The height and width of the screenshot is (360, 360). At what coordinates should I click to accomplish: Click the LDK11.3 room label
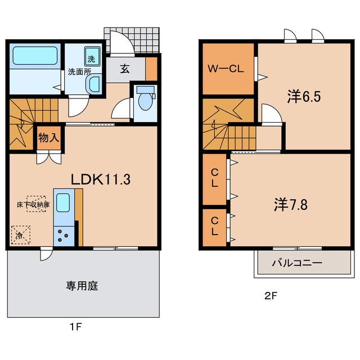[101, 179]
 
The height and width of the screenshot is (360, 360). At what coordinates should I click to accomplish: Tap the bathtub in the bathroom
[35, 56]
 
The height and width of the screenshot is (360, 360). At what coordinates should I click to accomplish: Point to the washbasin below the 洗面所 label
[94, 84]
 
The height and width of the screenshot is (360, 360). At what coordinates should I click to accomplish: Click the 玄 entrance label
[125, 69]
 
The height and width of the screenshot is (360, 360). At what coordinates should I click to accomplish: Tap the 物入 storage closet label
[49, 138]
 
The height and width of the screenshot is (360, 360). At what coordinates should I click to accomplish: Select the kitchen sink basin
[63, 202]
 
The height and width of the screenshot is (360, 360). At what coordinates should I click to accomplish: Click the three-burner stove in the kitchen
[64, 236]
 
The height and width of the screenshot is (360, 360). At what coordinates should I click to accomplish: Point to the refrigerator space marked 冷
[21, 235]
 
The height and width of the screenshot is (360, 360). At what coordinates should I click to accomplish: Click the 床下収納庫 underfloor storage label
[33, 205]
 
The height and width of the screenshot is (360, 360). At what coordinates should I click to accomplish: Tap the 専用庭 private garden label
[82, 286]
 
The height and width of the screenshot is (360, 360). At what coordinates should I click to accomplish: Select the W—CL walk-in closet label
[226, 69]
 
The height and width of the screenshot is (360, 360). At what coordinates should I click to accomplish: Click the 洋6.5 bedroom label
[304, 97]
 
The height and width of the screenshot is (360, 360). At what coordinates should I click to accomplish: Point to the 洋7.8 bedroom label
[291, 205]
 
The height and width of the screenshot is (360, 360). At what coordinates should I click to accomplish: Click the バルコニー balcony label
[298, 263]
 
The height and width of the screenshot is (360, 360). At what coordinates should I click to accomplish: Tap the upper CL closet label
[215, 178]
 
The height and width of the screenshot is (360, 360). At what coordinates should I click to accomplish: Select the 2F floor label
[271, 296]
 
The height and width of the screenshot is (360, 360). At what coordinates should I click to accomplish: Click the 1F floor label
[76, 327]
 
